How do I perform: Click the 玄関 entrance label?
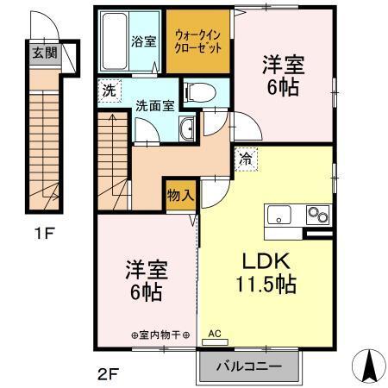click(x=41, y=53)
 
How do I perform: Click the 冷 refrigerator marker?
click(x=246, y=159)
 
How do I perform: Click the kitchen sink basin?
click(x=280, y=215)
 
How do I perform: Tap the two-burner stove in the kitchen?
click(x=316, y=215)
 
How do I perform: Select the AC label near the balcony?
click(x=215, y=332)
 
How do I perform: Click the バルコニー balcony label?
click(x=251, y=367)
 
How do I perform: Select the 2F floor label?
click(x=107, y=374)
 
